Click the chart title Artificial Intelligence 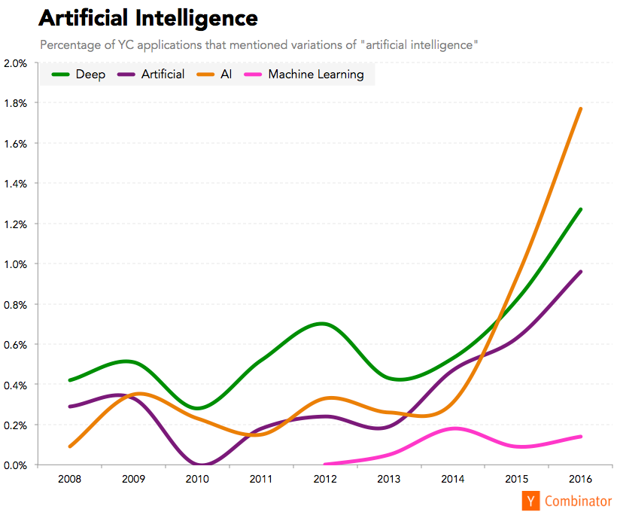pyautogui.click(x=148, y=17)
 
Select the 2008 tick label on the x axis pyautogui.click(x=70, y=480)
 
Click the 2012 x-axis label pyautogui.click(x=325, y=480)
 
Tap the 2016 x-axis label pyautogui.click(x=580, y=480)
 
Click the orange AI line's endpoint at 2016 pyautogui.click(x=580, y=109)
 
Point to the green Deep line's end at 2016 pyautogui.click(x=580, y=209)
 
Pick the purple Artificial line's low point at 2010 pyautogui.click(x=200, y=465)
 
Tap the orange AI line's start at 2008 pyautogui.click(x=70, y=446)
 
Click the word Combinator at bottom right pyautogui.click(x=578, y=501)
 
